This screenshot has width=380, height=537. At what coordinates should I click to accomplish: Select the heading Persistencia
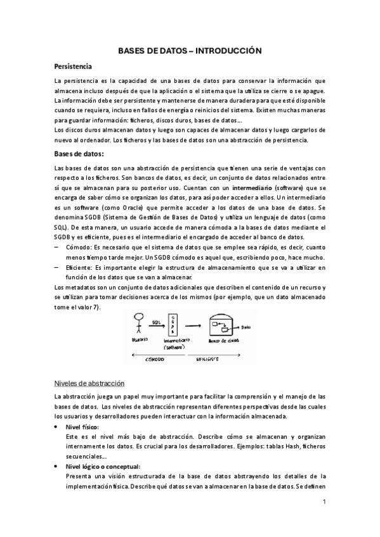[74, 66]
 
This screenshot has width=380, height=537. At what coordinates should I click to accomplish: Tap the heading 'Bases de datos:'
[79, 154]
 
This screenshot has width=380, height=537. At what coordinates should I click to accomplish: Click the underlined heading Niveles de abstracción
[89, 383]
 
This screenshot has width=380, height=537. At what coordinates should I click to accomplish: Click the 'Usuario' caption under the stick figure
[140, 340]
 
